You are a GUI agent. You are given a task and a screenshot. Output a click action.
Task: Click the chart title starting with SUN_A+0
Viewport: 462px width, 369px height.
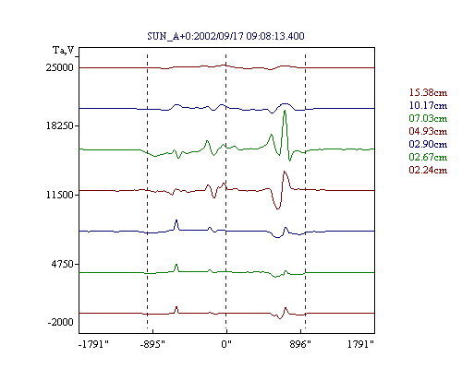tap(225, 36)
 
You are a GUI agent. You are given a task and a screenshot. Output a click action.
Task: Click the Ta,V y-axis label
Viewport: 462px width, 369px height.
tap(64, 50)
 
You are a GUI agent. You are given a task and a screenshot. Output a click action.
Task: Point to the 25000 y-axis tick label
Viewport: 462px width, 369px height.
tap(60, 67)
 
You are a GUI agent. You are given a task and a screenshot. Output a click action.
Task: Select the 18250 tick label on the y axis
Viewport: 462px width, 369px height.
tap(60, 125)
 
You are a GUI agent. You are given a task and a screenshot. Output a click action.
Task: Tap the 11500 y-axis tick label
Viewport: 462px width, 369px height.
tap(60, 195)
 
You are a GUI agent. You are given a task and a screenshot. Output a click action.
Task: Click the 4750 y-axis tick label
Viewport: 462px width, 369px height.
tap(63, 264)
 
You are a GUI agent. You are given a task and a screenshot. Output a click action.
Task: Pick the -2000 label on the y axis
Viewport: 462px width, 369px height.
tap(61, 322)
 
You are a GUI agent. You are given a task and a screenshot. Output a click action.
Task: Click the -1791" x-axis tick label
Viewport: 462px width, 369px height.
tap(93, 344)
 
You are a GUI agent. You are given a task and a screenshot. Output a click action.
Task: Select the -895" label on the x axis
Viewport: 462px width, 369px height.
tap(152, 344)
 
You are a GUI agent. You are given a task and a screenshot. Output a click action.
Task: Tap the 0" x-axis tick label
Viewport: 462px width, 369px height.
tap(226, 344)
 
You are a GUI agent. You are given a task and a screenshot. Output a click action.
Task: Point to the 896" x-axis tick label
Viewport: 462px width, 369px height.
tap(300, 344)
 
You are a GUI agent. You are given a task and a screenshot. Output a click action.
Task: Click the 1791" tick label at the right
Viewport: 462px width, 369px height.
tap(360, 344)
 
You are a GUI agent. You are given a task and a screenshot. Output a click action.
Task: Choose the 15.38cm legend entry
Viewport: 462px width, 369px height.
tap(428, 92)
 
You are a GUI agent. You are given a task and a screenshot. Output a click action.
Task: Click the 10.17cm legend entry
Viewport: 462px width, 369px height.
tap(428, 105)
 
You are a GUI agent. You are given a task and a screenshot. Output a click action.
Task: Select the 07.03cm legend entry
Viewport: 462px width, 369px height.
tap(428, 118)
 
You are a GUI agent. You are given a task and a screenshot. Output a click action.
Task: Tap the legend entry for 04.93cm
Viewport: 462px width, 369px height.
tap(428, 131)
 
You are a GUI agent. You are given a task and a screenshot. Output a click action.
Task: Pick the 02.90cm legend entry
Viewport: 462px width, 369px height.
tap(428, 144)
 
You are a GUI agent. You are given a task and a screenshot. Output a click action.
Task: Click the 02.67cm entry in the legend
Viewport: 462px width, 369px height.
tap(428, 157)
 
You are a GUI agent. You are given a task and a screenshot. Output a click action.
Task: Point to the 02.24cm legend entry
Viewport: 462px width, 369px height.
tap(428, 170)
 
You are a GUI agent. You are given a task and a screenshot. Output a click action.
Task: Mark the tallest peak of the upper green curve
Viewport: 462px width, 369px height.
tap(285, 111)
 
